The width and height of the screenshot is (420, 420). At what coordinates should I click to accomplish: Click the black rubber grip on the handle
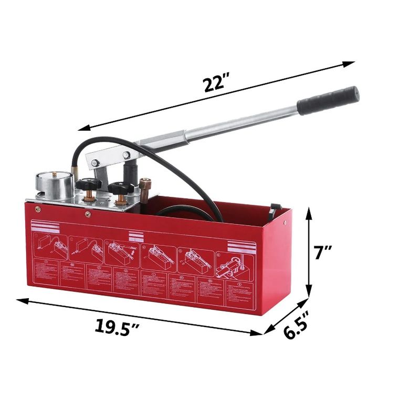[x=328, y=100]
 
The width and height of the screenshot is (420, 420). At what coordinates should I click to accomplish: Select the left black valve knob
[x=88, y=185]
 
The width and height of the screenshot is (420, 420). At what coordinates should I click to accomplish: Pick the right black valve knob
[x=121, y=188]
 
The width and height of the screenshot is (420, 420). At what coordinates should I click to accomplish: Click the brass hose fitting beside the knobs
[x=146, y=186]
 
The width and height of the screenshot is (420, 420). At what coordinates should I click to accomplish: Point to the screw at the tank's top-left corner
[x=37, y=208]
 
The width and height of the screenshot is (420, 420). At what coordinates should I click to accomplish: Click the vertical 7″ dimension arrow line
[x=310, y=253]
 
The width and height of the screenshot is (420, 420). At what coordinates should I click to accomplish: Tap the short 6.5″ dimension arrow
[x=286, y=316]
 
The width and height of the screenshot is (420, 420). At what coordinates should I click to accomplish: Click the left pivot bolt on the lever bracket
[x=94, y=163]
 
